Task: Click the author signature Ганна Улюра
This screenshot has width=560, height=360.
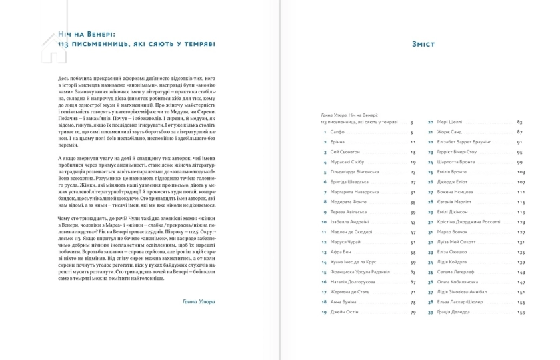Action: coord(198,301)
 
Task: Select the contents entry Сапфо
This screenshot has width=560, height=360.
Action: coord(339,132)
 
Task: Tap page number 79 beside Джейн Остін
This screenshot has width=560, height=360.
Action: coord(413,312)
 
